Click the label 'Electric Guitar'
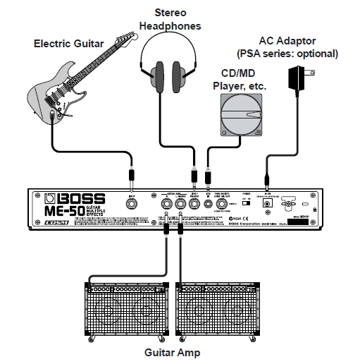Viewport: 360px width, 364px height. point(68,44)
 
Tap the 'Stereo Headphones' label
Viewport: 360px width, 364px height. point(170,19)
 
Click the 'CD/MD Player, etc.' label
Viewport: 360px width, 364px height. point(241,80)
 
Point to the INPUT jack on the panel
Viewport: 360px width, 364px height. point(132,205)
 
